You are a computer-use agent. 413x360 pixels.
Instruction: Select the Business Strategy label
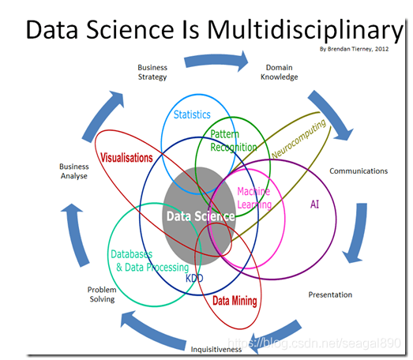pos(152,73)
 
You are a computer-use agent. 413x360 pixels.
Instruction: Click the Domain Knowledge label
pos(280,73)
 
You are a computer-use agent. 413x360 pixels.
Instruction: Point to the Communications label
pos(358,171)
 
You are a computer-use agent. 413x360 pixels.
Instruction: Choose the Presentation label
pos(330,294)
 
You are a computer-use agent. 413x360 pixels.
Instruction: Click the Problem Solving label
pos(101,294)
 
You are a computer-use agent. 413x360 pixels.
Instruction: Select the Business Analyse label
pos(73,171)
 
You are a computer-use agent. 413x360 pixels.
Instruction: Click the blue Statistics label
pos(192,115)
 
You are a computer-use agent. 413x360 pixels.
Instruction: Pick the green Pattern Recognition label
pos(234,141)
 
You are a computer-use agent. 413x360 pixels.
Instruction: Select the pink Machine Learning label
pos(253,198)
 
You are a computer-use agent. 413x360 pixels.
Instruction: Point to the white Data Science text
pos(199,216)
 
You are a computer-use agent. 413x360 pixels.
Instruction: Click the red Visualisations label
pos(126,158)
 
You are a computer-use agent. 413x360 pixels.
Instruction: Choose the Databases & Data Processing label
pos(149,261)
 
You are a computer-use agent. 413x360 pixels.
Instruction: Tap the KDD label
pos(194,278)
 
